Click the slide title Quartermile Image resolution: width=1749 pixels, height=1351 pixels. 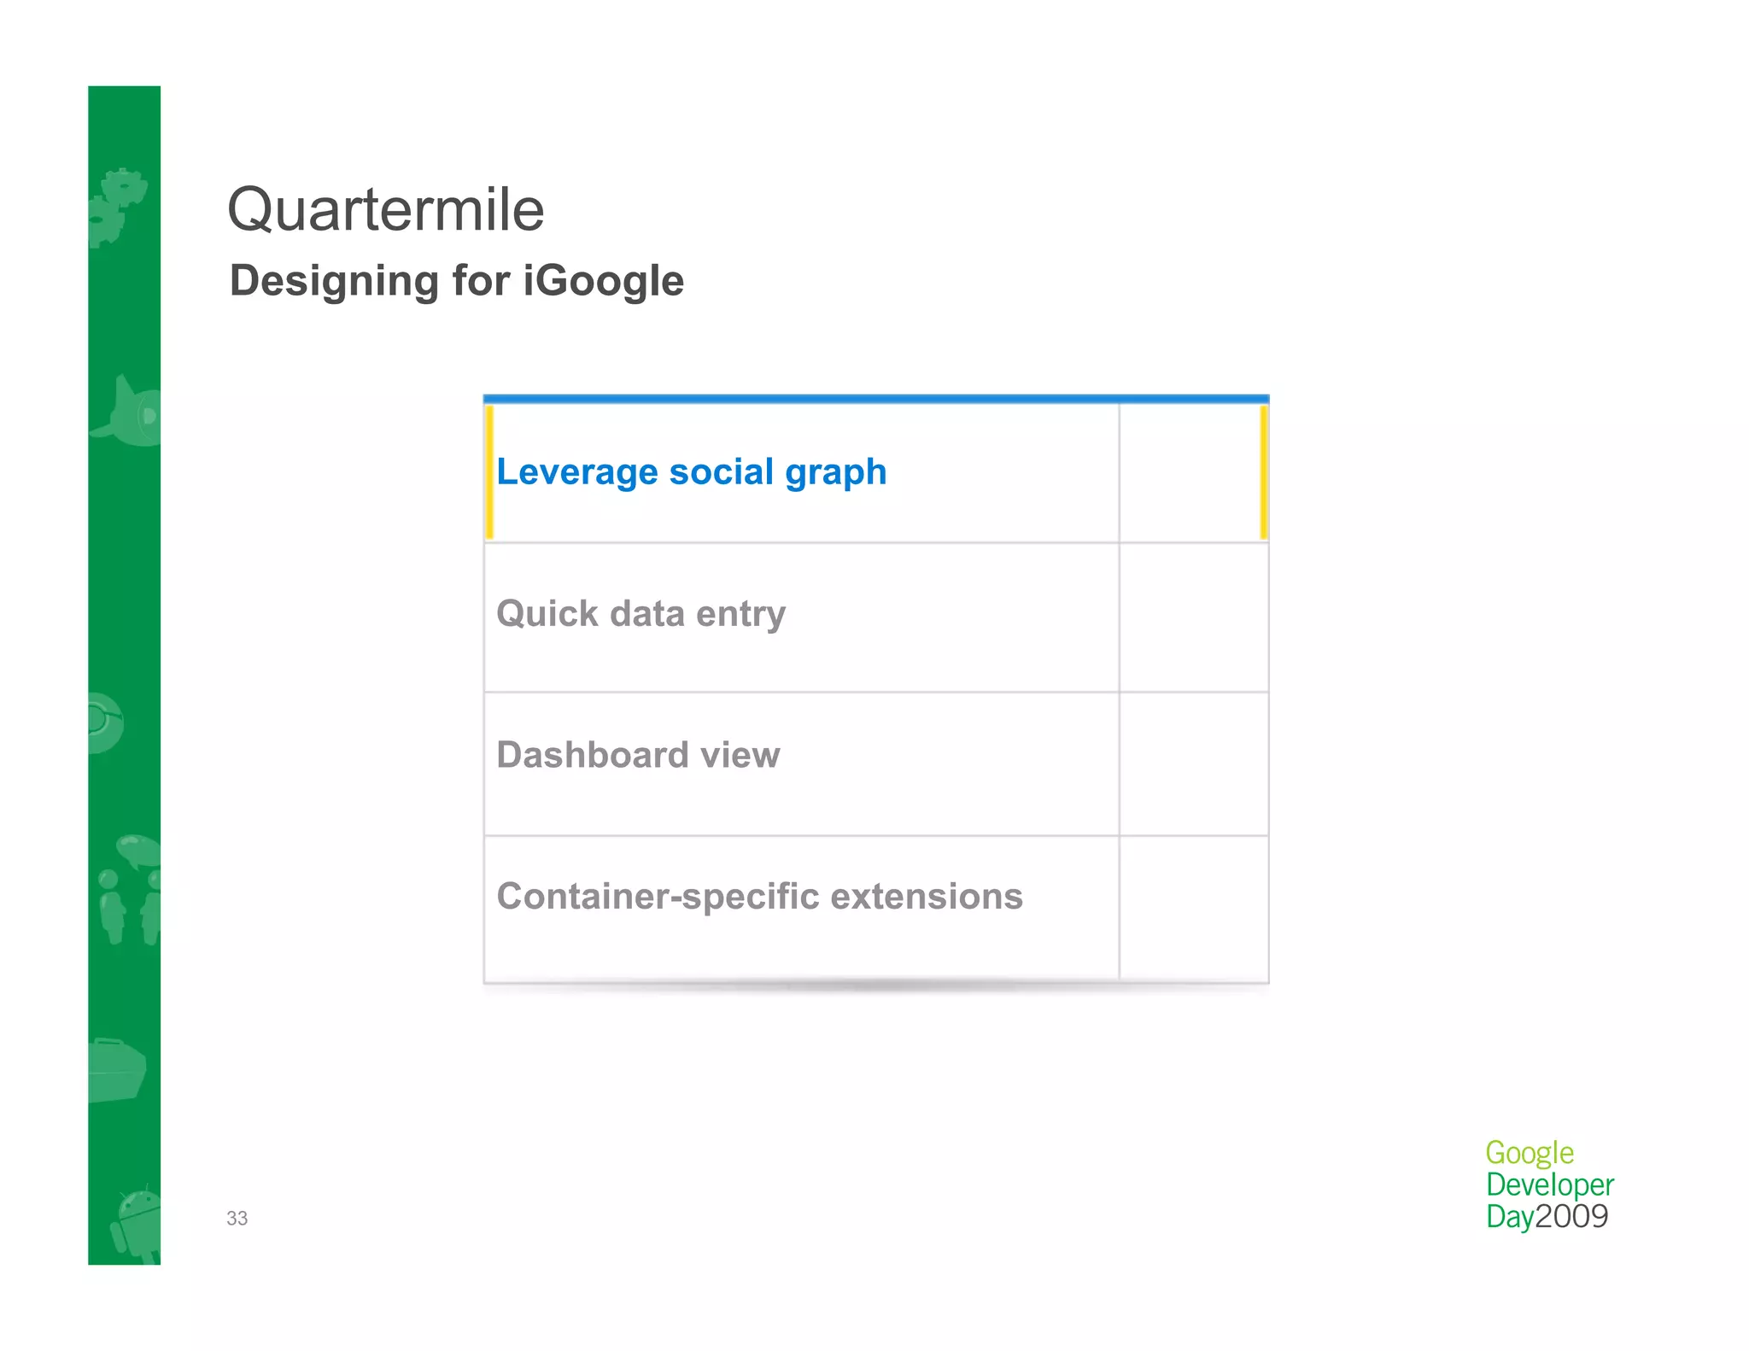pos(385,210)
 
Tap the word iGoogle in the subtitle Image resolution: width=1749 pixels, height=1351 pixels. pos(603,281)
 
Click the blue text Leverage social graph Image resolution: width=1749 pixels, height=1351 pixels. pos(691,472)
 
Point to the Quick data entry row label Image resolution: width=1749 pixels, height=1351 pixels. pos(641,614)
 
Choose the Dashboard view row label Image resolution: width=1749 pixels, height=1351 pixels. pos(638,755)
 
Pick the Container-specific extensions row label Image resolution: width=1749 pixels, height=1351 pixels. pos(759,897)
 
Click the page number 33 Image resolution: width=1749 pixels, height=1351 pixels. pos(237,1219)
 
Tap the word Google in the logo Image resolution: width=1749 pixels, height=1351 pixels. pos(1529,1153)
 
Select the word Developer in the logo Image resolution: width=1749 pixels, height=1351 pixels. pos(1549,1185)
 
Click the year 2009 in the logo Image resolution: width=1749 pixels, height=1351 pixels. pos(1571,1217)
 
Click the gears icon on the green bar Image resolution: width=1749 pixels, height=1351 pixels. pos(117,206)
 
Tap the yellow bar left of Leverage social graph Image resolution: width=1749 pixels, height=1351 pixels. pos(489,472)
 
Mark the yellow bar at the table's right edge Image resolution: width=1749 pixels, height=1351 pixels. pos(1263,472)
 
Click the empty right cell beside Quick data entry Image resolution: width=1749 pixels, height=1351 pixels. pos(1193,617)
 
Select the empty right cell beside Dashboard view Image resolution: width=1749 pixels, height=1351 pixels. pos(1193,763)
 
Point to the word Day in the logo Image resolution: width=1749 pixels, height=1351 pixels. pos(1509,1217)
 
